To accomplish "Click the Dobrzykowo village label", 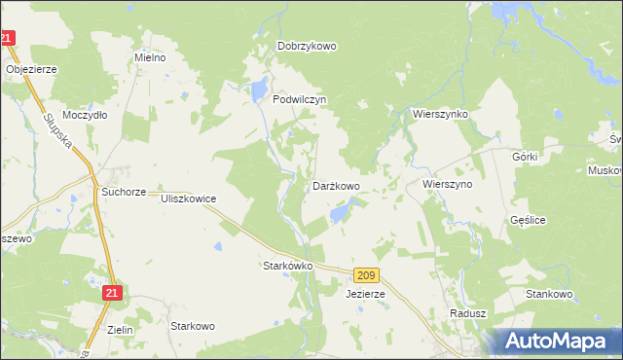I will click(307, 46).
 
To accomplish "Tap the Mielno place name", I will click(150, 57).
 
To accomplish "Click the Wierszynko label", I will click(440, 114).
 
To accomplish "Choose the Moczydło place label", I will click(85, 114).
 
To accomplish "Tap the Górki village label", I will click(524, 156).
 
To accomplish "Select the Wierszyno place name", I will click(447, 183).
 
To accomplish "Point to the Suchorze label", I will click(124, 193).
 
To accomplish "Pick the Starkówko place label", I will click(287, 265).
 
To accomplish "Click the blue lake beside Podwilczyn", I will click(259, 91).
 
